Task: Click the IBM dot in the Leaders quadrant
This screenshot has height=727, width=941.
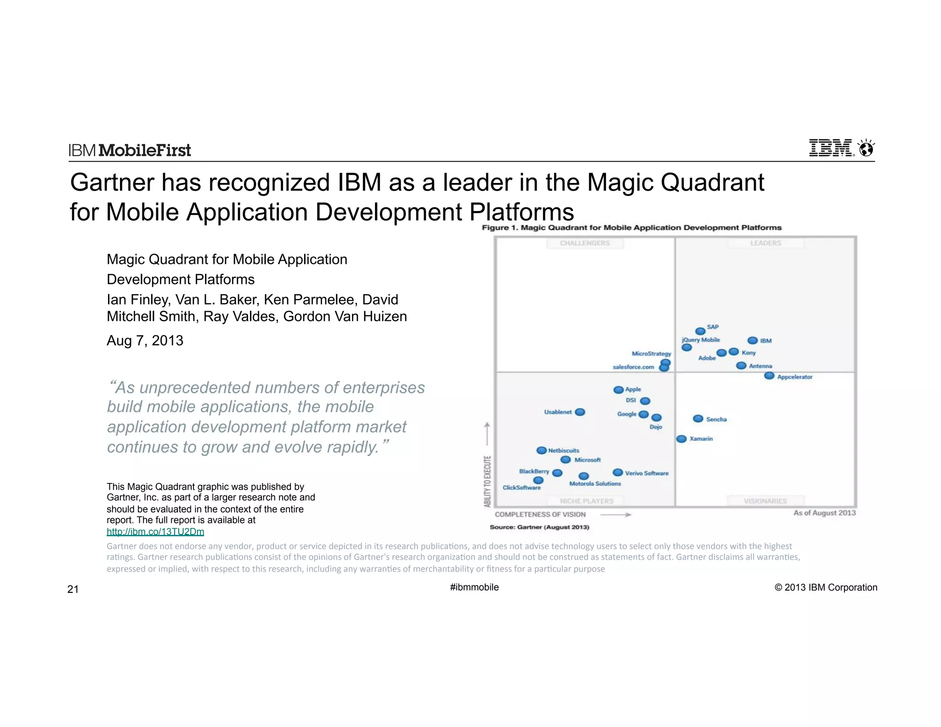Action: pos(752,341)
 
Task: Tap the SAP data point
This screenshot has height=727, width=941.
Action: pos(700,331)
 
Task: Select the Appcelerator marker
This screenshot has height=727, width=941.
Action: pos(769,376)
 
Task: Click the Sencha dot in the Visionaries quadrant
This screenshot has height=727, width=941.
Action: pos(698,419)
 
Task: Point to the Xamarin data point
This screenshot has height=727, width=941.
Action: pos(681,439)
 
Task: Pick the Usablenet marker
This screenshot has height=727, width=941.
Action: pos(580,412)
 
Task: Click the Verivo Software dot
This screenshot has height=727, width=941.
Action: pos(618,472)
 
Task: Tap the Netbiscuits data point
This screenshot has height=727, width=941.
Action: pos(542,450)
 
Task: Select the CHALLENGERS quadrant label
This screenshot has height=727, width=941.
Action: pos(584,243)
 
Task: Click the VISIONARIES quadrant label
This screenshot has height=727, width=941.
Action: pos(765,501)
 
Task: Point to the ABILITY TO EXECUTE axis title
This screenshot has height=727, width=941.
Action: pos(488,481)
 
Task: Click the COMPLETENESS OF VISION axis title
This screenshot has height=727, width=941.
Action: pos(540,515)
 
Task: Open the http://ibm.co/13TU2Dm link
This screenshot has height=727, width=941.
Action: pos(155,532)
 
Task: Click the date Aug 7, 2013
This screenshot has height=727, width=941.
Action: pos(145,341)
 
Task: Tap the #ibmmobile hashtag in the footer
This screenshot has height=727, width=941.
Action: pos(474,587)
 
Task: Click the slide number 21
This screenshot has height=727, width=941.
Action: pos(73,590)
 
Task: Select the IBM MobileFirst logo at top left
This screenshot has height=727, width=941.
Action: pos(130,150)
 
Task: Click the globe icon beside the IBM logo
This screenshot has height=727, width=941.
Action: pos(866,149)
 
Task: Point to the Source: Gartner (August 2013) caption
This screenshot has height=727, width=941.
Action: pos(539,527)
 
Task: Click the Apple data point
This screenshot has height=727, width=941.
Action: pos(618,390)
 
